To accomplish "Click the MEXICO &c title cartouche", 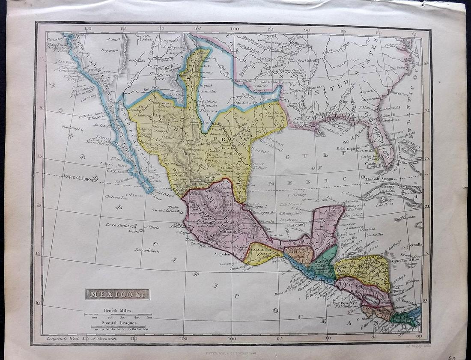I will pos(118,294).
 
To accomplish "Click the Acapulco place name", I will pos(218,253).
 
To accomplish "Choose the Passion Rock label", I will pos(147,250).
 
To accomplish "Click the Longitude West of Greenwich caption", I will pos(81,339).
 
